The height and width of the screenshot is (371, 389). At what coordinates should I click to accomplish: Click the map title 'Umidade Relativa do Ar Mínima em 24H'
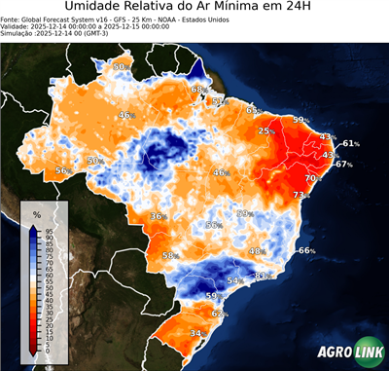click(x=194, y=8)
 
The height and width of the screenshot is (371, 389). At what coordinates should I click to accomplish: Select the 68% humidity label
click(x=198, y=90)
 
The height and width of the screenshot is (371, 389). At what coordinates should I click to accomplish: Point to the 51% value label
click(x=218, y=101)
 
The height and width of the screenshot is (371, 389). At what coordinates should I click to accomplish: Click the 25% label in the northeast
click(x=265, y=131)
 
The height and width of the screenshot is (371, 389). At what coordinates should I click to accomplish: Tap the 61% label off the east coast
click(x=350, y=143)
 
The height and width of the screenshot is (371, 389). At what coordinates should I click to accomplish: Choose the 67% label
click(x=343, y=165)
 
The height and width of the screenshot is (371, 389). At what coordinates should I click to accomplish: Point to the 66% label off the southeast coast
click(x=306, y=251)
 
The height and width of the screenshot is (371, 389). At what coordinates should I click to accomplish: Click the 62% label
click(x=219, y=314)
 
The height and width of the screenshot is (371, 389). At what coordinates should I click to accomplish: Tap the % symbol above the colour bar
click(x=36, y=214)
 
